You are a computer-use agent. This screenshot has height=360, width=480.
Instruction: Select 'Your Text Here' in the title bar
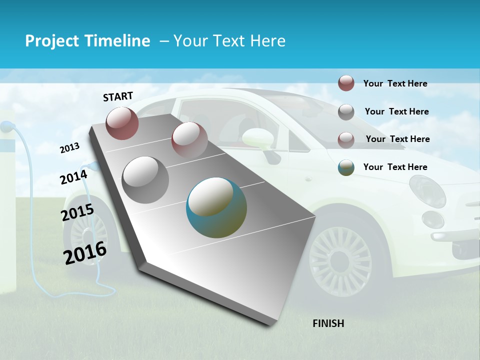[229, 41]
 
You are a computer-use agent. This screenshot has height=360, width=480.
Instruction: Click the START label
[118, 96]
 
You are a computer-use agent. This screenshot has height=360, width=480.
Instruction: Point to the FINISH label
[328, 323]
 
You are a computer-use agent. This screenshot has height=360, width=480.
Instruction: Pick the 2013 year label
[69, 148]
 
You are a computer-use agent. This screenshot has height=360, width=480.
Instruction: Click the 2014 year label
[73, 177]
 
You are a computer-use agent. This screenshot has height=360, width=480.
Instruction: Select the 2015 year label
[77, 213]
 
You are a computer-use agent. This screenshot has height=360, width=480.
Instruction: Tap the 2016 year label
[85, 253]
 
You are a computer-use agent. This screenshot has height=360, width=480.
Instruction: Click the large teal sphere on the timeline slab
[216, 207]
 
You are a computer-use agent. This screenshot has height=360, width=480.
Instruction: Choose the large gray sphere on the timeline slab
[145, 179]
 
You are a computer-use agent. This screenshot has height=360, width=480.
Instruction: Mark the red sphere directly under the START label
[122, 123]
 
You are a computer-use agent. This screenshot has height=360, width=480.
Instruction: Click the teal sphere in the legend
[346, 167]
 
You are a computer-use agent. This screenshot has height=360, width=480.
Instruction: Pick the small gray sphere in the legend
[346, 112]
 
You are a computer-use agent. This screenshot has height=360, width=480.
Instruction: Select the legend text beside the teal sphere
[395, 167]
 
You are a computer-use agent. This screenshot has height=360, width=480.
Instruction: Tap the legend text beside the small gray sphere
[396, 111]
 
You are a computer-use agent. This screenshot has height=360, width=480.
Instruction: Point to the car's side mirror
[258, 138]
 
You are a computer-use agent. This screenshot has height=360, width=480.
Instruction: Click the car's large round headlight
[427, 190]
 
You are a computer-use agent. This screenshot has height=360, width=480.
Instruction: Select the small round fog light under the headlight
[432, 219]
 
